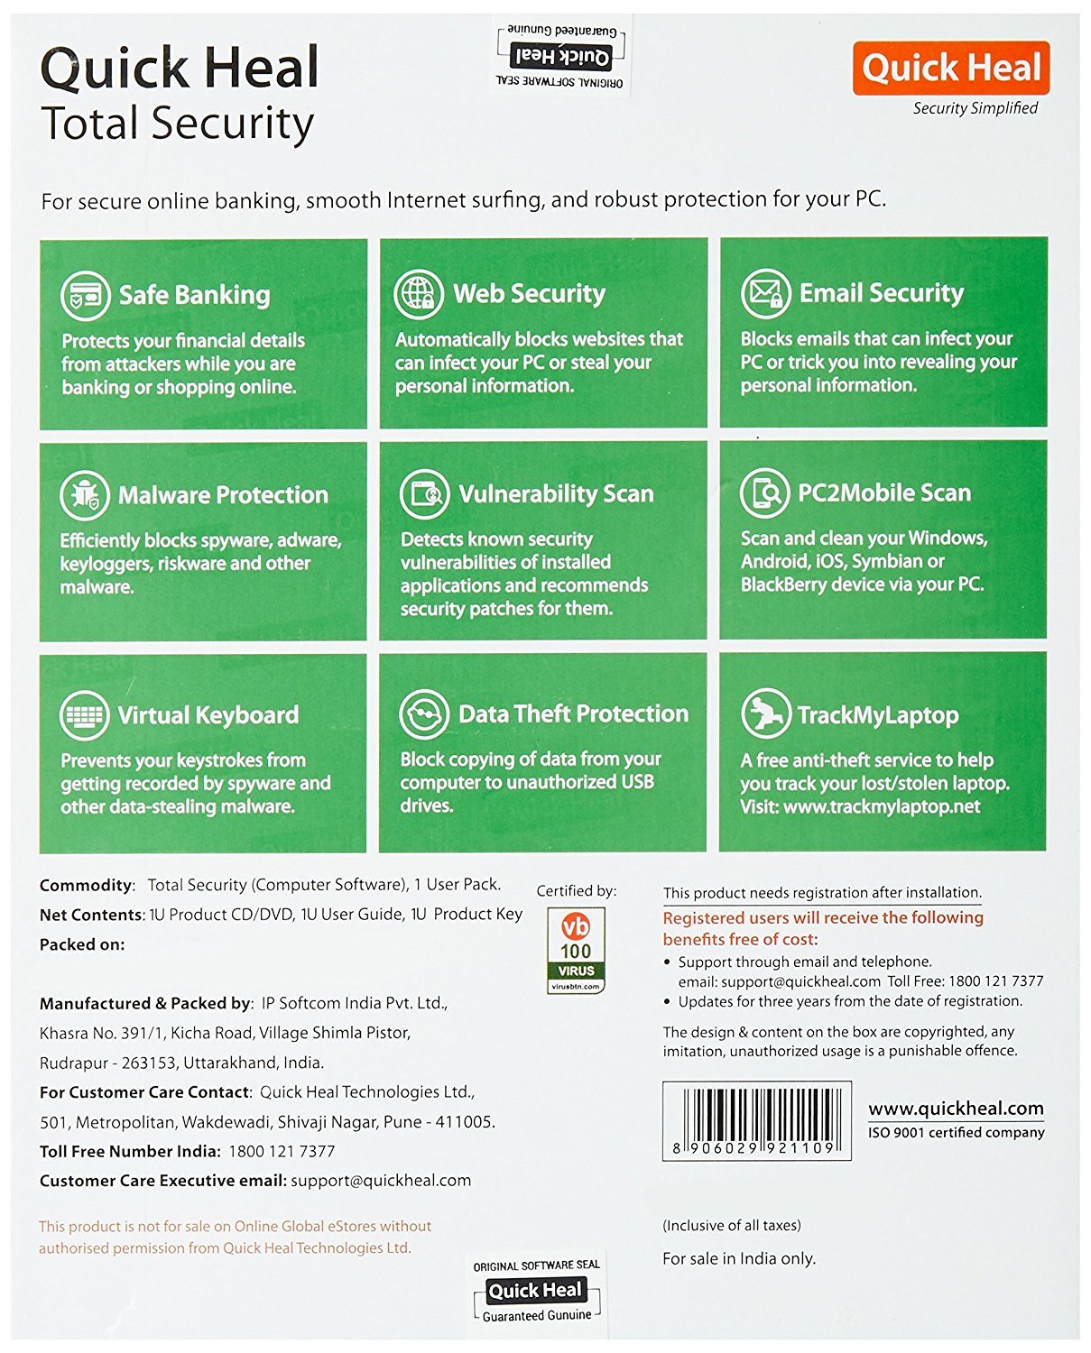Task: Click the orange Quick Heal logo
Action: (x=950, y=68)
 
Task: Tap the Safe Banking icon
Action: (x=85, y=295)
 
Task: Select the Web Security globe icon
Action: (x=419, y=294)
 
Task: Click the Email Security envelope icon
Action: (x=765, y=293)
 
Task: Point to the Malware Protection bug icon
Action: (x=85, y=495)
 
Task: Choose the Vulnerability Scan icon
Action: (x=424, y=493)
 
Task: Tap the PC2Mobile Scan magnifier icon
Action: (x=764, y=492)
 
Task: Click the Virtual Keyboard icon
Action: (x=85, y=715)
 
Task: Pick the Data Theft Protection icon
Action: (x=424, y=713)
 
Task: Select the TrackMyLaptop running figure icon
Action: (x=764, y=713)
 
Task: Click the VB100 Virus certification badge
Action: (x=576, y=950)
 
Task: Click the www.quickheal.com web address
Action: (x=956, y=1109)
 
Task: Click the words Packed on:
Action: (x=82, y=944)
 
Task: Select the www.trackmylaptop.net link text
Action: (x=881, y=806)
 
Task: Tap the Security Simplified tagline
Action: (x=975, y=108)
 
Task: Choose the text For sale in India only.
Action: (x=738, y=1258)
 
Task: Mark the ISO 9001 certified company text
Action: (x=956, y=1133)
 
